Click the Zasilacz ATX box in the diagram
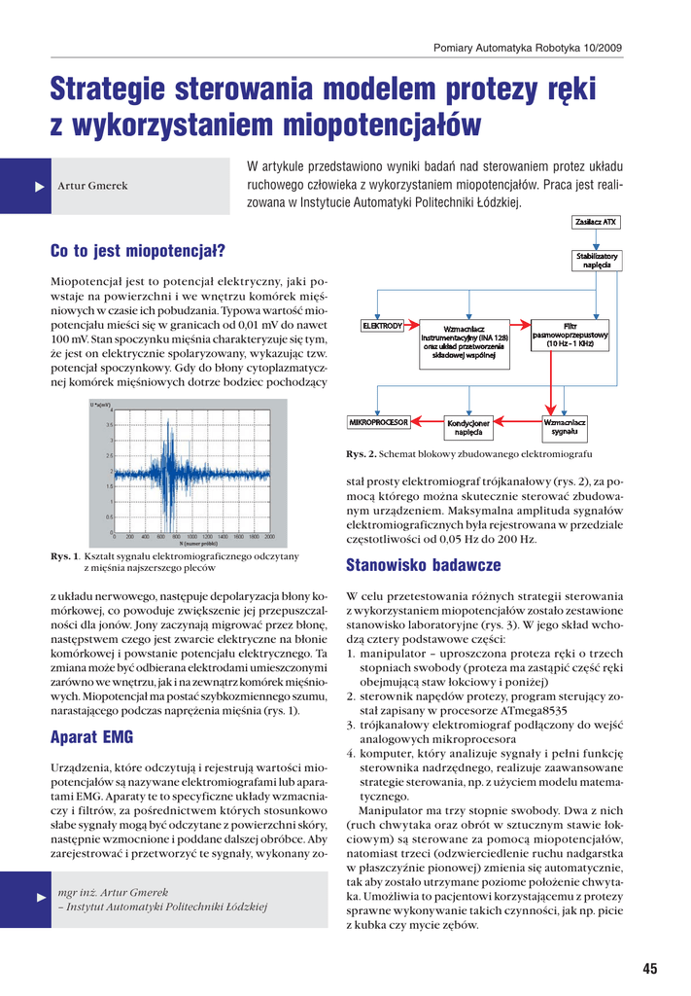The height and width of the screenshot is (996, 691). click(x=596, y=222)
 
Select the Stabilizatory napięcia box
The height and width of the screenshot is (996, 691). click(x=597, y=261)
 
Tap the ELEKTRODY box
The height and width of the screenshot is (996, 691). click(x=382, y=326)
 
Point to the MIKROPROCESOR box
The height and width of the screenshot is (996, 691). click(x=379, y=422)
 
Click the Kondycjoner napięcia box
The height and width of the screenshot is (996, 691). click(x=468, y=427)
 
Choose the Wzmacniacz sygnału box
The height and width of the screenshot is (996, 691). click(x=565, y=427)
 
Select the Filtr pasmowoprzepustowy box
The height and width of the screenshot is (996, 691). click(x=570, y=336)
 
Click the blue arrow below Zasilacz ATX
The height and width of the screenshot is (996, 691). click(x=596, y=239)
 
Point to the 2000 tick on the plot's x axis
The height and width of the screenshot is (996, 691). click(x=269, y=536)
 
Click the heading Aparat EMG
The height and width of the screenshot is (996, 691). click(x=91, y=737)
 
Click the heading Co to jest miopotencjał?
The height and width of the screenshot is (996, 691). click(x=137, y=252)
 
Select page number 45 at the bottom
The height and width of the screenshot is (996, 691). click(x=650, y=968)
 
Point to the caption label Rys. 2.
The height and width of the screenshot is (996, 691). click(x=361, y=454)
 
